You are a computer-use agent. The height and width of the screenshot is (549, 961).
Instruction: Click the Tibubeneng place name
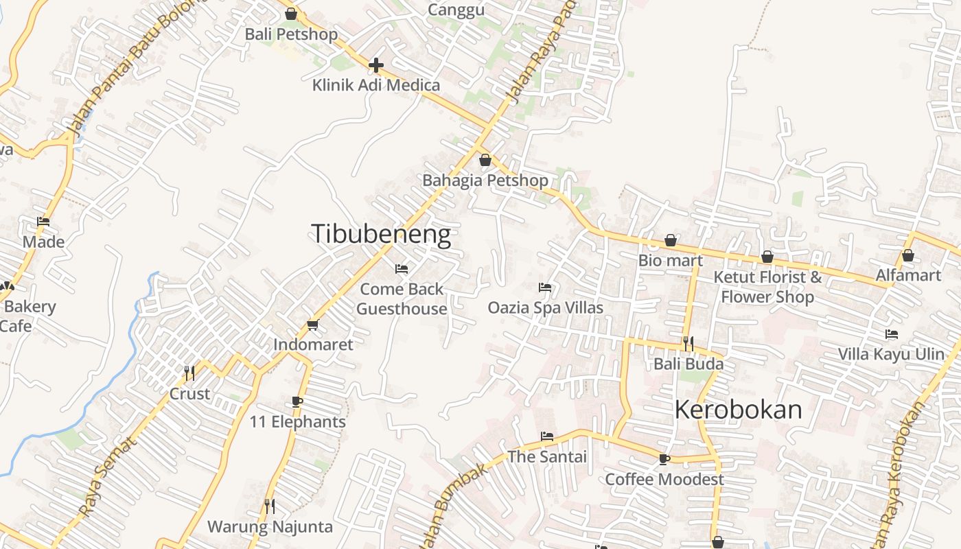pyautogui.click(x=381, y=235)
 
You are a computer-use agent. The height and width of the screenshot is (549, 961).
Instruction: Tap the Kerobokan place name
pyautogui.click(x=738, y=410)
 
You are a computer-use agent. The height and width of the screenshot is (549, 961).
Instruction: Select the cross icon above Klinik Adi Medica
pyautogui.click(x=375, y=65)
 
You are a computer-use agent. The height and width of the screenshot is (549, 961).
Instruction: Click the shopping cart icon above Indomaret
pyautogui.click(x=313, y=325)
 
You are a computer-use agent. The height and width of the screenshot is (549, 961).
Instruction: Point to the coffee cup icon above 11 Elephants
pyautogui.click(x=297, y=401)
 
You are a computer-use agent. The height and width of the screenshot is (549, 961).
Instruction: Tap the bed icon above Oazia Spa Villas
pyautogui.click(x=545, y=287)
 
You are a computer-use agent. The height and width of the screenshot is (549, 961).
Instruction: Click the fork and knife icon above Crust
pyautogui.click(x=189, y=373)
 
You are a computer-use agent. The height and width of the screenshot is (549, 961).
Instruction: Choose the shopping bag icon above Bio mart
pyautogui.click(x=671, y=241)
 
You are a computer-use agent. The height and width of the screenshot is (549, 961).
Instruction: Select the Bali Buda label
pyautogui.click(x=688, y=364)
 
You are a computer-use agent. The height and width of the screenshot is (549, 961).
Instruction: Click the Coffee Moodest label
pyautogui.click(x=664, y=479)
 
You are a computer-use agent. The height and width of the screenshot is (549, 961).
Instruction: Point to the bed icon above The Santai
pyautogui.click(x=547, y=436)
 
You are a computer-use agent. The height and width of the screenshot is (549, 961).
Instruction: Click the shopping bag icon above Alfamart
pyautogui.click(x=908, y=256)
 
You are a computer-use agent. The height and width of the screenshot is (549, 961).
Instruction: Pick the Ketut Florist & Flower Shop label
pyautogui.click(x=767, y=287)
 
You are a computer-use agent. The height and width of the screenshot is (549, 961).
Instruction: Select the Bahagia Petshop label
pyautogui.click(x=485, y=180)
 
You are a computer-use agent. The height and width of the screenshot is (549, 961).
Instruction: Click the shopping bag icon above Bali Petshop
pyautogui.click(x=291, y=14)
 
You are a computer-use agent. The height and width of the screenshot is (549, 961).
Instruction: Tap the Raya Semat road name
pyautogui.click(x=108, y=477)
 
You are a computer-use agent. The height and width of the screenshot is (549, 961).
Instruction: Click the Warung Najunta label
pyautogui.click(x=270, y=527)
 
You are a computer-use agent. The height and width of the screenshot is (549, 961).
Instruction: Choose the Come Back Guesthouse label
pyautogui.click(x=402, y=299)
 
